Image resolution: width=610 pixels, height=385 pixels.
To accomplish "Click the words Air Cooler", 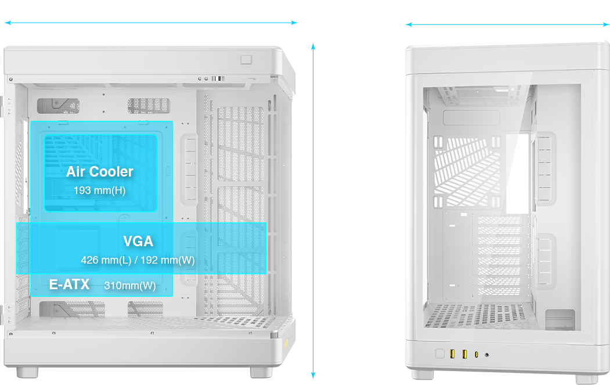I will (99, 171).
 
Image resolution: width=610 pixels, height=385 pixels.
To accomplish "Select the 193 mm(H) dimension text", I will (99, 190).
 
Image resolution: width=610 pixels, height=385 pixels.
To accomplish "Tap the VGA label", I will (138, 241).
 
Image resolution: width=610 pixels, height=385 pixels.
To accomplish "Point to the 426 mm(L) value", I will (106, 260).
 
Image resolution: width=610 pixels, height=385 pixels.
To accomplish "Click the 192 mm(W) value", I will (168, 260).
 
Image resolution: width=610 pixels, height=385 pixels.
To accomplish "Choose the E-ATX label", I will (69, 285).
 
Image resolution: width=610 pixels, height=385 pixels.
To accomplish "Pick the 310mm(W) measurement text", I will (130, 285).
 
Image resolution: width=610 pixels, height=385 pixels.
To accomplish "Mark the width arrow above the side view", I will (151, 23).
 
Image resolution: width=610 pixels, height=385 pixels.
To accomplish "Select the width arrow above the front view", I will (507, 24).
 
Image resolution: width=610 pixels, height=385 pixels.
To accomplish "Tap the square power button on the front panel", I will (440, 354).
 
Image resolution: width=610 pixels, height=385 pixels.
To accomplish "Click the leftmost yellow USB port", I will (452, 354).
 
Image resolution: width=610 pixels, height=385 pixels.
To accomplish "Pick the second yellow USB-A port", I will (464, 354).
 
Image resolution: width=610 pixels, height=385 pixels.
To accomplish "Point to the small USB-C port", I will (477, 354).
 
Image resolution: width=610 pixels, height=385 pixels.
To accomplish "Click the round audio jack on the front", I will (486, 354).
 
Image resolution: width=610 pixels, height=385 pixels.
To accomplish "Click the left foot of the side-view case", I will (27, 371).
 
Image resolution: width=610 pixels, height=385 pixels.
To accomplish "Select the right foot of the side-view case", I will (262, 371).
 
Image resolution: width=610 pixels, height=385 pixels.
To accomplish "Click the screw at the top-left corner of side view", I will (10, 78).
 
